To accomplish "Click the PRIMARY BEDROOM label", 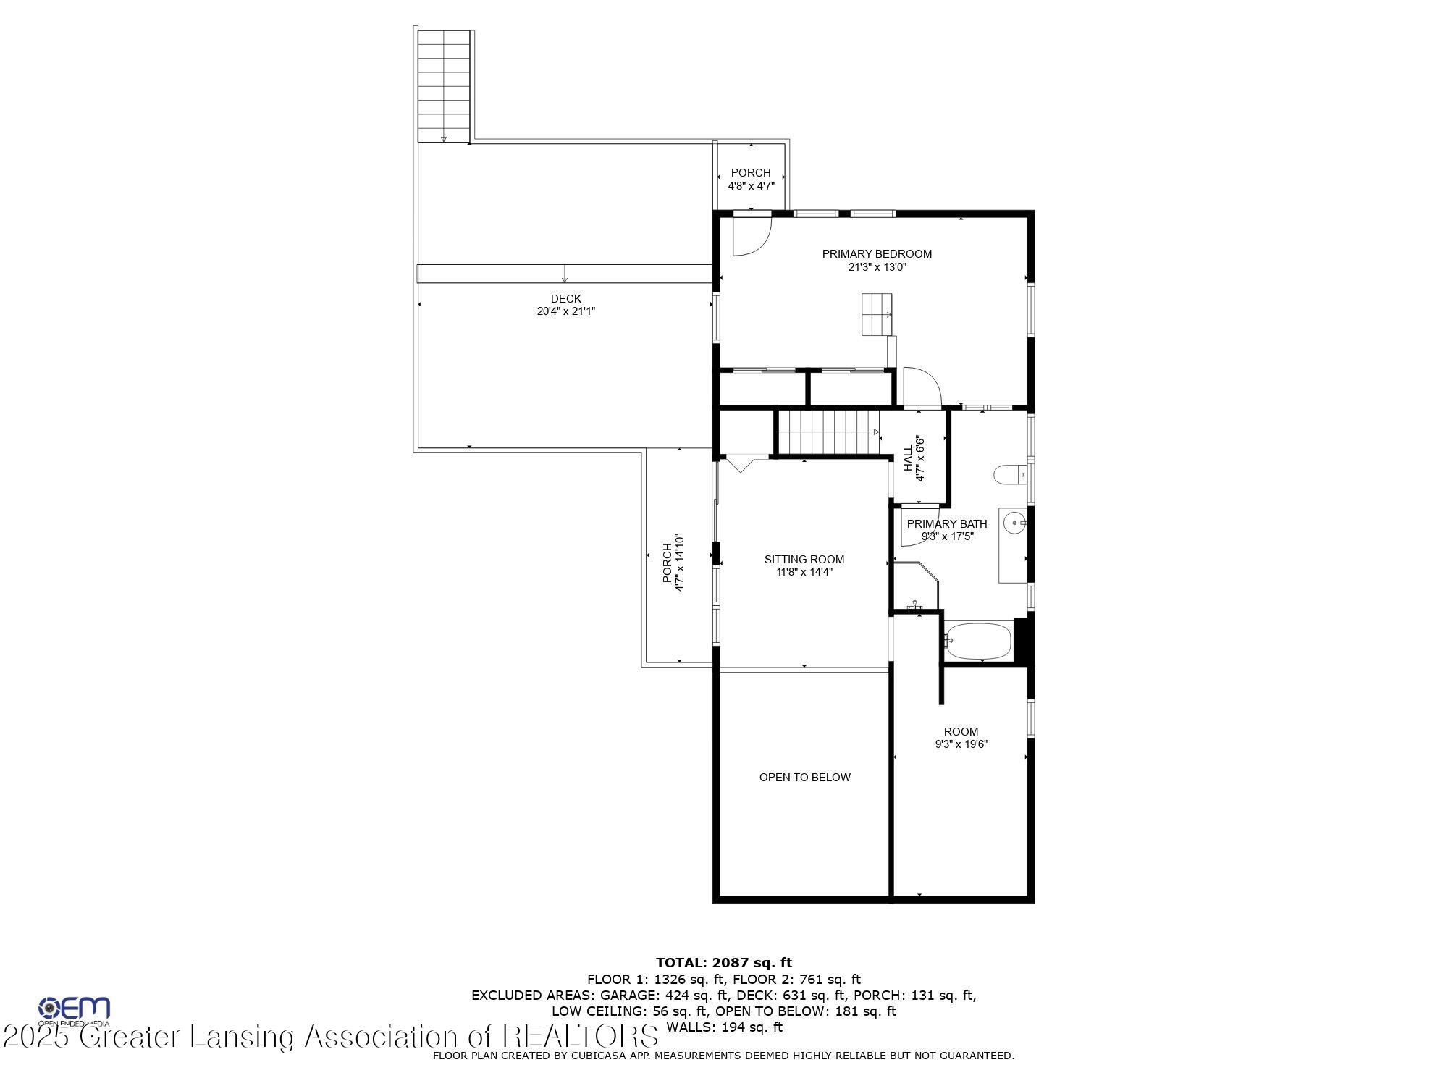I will click(877, 254).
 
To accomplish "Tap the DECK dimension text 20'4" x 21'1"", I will click(565, 311).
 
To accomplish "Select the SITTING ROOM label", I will click(804, 559).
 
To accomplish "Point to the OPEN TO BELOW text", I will click(804, 777).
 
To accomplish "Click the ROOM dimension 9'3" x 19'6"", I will click(961, 744).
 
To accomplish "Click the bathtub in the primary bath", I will click(978, 641).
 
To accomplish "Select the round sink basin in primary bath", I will click(1015, 522).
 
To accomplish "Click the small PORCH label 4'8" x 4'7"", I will click(751, 179).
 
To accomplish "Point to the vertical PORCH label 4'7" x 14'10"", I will click(673, 563).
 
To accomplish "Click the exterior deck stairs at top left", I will click(444, 85).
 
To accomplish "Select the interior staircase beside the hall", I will click(826, 432).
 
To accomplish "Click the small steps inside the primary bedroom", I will click(877, 314).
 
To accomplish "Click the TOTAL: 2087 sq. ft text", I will click(723, 962).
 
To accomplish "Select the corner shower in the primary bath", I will click(915, 586).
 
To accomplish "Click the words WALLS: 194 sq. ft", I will click(724, 1027).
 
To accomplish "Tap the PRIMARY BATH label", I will click(946, 524).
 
